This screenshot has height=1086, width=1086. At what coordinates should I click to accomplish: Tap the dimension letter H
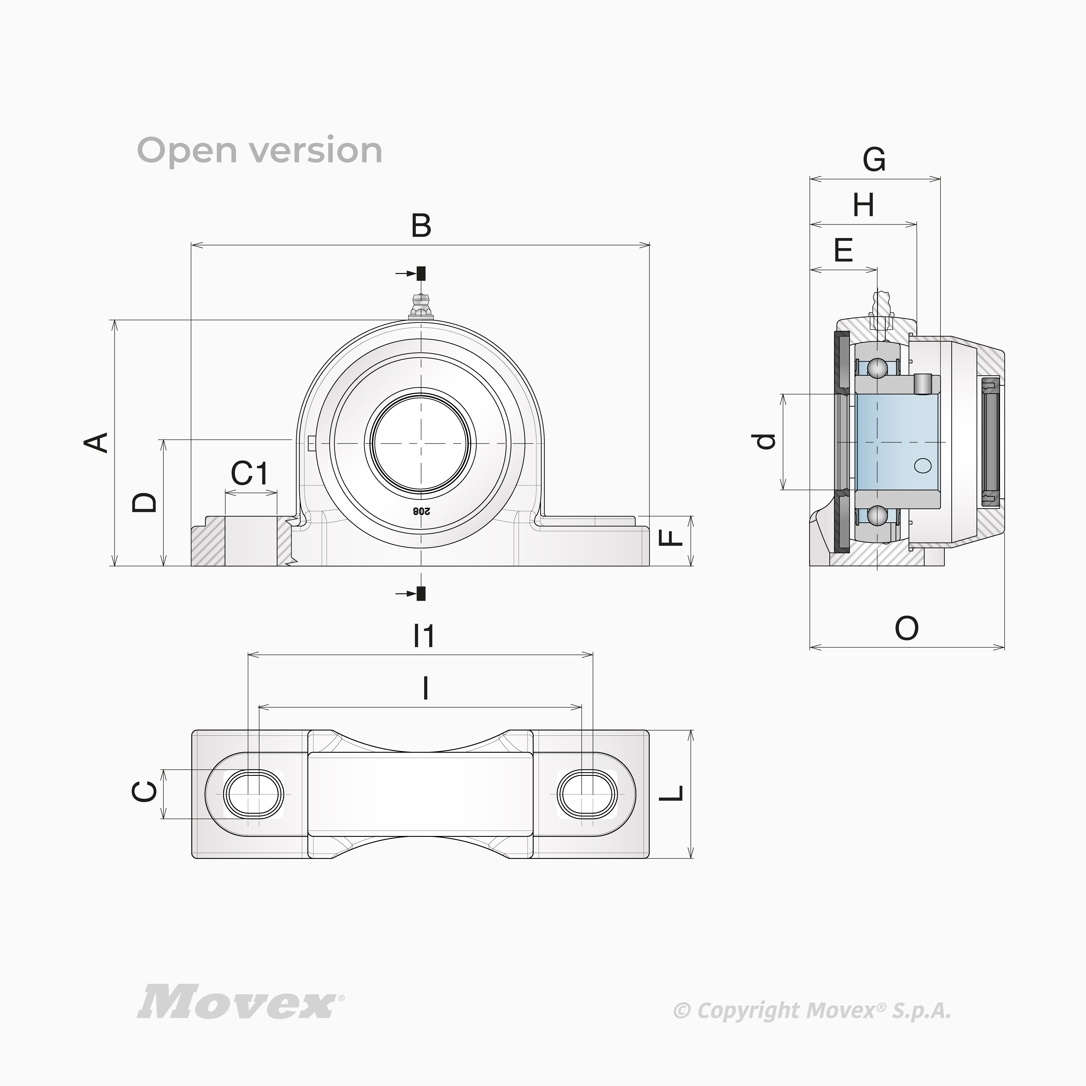(x=863, y=205)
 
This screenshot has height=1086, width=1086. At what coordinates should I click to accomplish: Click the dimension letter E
(x=843, y=250)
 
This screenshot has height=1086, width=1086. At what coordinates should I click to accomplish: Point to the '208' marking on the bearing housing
(x=421, y=511)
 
